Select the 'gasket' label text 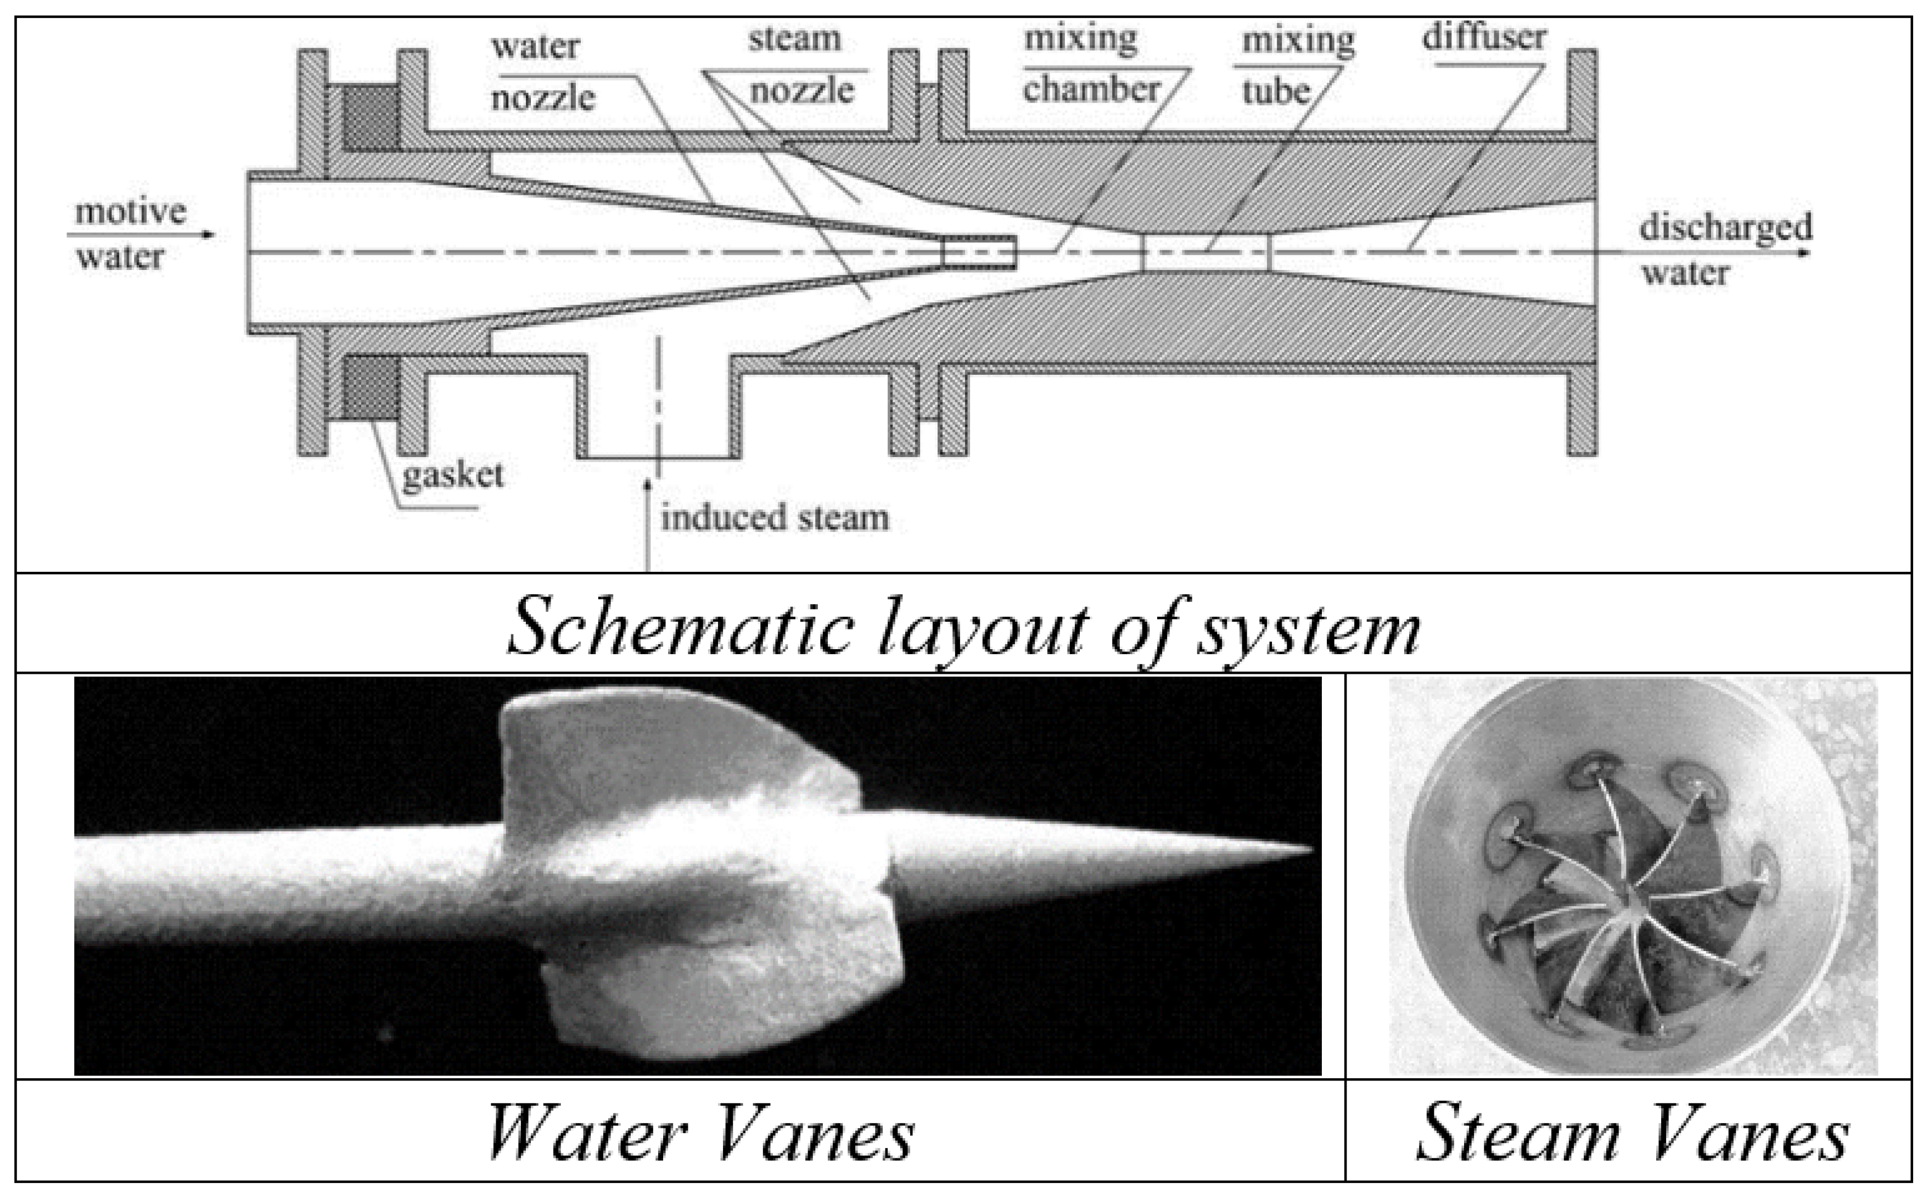(x=452, y=476)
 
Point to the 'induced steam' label (x=774, y=519)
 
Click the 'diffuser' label (x=1483, y=38)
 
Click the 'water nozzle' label (x=540, y=73)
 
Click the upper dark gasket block (x=371, y=118)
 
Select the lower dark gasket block (x=371, y=388)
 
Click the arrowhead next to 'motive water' (x=209, y=235)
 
